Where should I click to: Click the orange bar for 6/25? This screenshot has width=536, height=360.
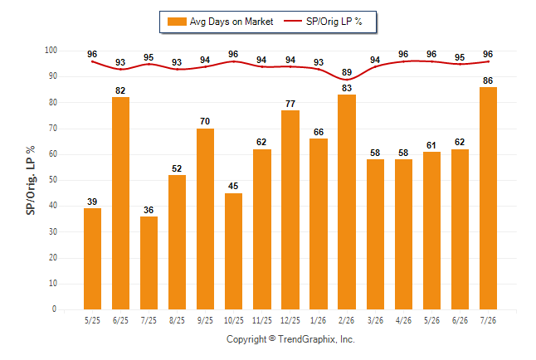click(x=120, y=203)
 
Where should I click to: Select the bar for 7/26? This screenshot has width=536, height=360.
click(x=488, y=198)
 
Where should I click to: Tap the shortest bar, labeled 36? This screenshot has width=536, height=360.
click(x=149, y=263)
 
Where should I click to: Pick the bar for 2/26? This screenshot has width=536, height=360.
click(x=347, y=202)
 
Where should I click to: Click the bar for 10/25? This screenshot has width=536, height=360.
click(x=233, y=251)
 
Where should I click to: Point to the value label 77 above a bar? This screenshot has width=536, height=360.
click(x=290, y=104)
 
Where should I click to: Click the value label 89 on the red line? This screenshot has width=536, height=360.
click(x=347, y=72)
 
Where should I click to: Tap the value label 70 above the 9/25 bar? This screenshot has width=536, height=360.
click(x=205, y=121)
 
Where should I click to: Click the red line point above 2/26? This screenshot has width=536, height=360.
click(x=347, y=80)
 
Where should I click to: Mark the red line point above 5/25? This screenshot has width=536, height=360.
click(x=92, y=61)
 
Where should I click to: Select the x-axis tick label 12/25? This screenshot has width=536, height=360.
click(x=290, y=320)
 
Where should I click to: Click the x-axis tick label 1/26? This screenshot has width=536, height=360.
click(x=319, y=320)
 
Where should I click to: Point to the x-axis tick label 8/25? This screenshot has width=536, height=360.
click(x=177, y=320)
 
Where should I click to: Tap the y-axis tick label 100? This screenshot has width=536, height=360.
click(x=51, y=51)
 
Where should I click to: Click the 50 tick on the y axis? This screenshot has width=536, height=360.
click(x=52, y=180)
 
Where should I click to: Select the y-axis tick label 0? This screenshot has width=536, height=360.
click(x=54, y=309)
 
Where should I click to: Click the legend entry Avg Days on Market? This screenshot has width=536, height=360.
click(x=220, y=22)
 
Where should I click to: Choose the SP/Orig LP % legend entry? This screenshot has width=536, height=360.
click(x=323, y=22)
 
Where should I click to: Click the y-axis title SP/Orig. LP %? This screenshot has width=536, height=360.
click(x=31, y=180)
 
